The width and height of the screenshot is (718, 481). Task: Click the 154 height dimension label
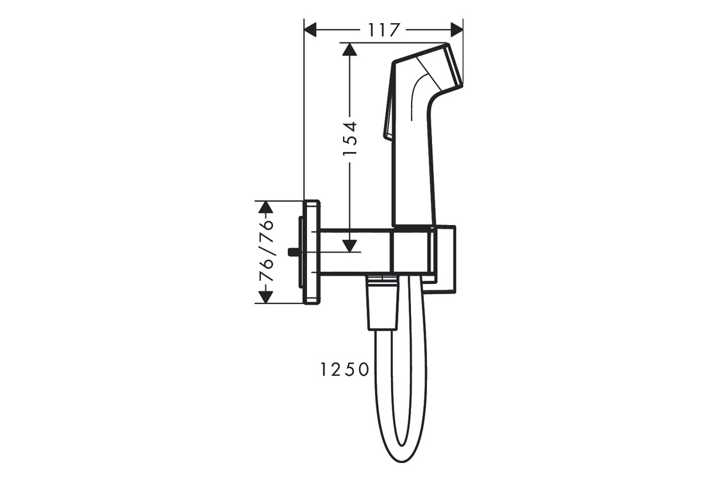(350, 139)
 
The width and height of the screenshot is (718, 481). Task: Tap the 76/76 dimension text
(266, 251)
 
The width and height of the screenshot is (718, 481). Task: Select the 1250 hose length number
(344, 369)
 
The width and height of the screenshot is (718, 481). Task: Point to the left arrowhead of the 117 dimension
(311, 30)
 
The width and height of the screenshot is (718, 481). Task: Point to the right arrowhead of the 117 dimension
(456, 30)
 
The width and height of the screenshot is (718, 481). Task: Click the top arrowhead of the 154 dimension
(350, 49)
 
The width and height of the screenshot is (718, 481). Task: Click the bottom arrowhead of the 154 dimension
(350, 245)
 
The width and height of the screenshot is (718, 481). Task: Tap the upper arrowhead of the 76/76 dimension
(266, 207)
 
